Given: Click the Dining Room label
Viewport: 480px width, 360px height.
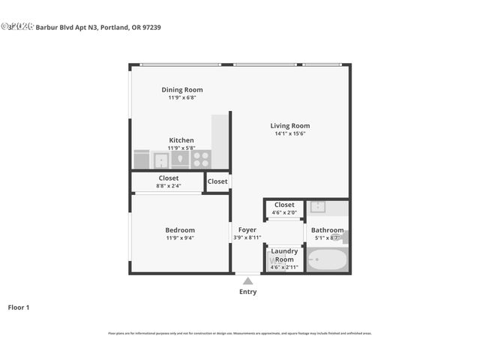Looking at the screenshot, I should tap(182, 90).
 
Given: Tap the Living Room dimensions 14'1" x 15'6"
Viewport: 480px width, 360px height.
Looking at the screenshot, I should tap(289, 133).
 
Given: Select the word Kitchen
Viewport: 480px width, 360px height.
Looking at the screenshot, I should tap(181, 140).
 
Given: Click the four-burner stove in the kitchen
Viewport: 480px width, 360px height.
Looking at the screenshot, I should tap(201, 160).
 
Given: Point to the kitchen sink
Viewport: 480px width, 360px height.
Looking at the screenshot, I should tap(161, 160).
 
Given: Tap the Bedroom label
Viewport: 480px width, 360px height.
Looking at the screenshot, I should tap(180, 230).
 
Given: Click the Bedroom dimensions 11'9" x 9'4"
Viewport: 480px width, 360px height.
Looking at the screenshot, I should tap(180, 238).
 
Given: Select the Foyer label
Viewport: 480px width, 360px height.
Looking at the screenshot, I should tap(247, 230).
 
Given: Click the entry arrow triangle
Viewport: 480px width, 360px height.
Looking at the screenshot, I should tap(247, 280).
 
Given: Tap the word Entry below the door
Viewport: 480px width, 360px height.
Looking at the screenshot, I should tap(247, 292).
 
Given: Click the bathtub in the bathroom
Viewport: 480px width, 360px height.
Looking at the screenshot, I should tap(328, 260).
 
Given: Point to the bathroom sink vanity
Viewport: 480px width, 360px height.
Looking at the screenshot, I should tap(318, 207).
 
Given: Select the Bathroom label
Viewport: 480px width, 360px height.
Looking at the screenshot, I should tap(327, 230).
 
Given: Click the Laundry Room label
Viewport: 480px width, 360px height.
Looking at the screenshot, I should tap(284, 255).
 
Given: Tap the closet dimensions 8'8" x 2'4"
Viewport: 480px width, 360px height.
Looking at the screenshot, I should tap(168, 186).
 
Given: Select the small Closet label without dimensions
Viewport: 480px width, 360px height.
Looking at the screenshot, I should tap(217, 181).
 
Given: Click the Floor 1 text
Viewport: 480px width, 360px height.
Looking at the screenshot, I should tap(19, 307).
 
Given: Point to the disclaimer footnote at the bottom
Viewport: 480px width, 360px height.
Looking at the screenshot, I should tap(240, 333).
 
